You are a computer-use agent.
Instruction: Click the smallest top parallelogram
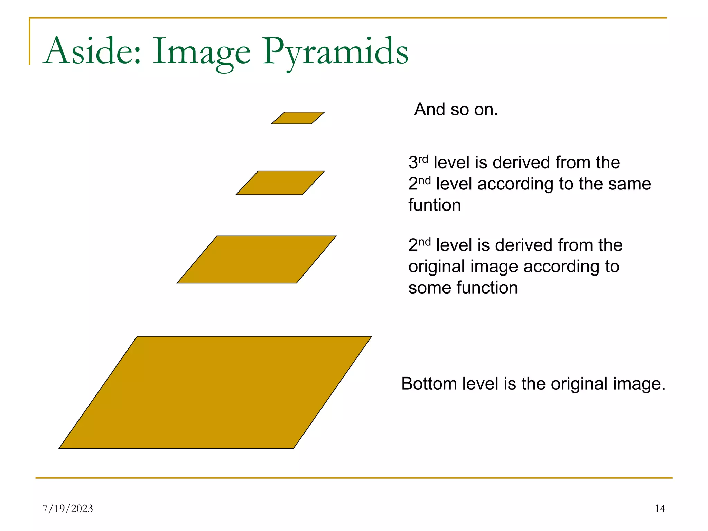[298, 118]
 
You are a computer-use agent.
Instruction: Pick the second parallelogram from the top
[280, 183]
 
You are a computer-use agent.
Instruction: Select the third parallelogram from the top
[257, 260]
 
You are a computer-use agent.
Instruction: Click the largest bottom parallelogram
[215, 392]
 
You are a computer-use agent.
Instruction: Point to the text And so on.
[456, 110]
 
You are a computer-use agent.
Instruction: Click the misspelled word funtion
[434, 205]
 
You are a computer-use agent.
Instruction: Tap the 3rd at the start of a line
[418, 162]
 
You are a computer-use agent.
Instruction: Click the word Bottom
[429, 384]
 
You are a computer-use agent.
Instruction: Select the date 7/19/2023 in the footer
[68, 509]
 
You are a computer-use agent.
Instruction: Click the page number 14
[660, 509]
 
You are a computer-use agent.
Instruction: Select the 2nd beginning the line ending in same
[419, 184]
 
